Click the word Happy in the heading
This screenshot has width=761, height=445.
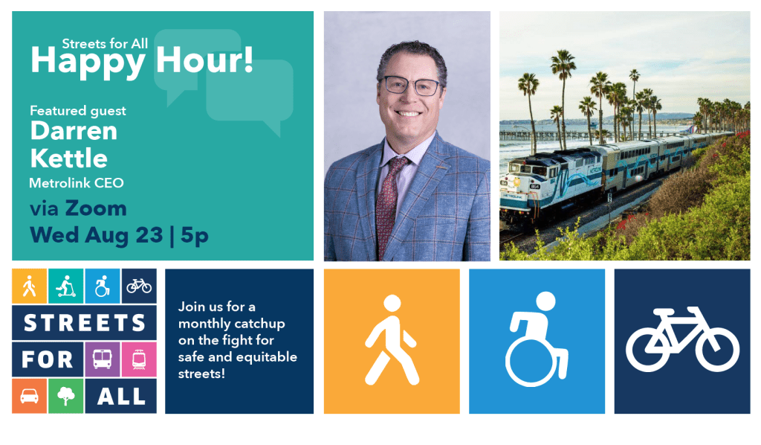tap(88, 63)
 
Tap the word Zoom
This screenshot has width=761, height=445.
tap(96, 208)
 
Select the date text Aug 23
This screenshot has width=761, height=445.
tap(124, 236)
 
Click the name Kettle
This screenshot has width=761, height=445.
tap(69, 159)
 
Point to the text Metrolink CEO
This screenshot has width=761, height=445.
tap(77, 183)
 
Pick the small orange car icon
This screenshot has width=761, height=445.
tap(29, 396)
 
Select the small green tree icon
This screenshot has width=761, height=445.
tap(66, 397)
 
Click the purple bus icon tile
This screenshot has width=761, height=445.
tap(102, 359)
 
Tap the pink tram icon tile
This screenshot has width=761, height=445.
tap(139, 359)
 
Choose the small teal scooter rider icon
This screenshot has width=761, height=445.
tap(66, 286)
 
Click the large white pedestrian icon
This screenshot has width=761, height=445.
tap(391, 340)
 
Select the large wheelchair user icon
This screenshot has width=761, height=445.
tap(537, 339)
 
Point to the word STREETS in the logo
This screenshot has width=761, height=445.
tap(85, 322)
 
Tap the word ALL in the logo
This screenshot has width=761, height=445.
tap(121, 397)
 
